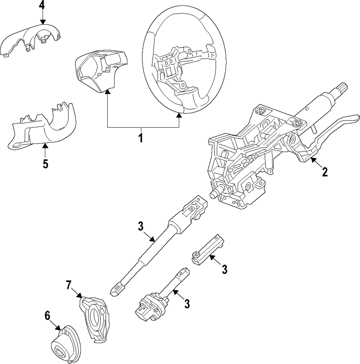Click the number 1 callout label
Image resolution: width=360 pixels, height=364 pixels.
tap(141, 137)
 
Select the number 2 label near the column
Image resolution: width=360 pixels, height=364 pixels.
tap(325, 172)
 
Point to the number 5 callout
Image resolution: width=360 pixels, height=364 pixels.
tap(45, 163)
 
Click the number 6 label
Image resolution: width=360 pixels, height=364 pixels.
tap(48, 315)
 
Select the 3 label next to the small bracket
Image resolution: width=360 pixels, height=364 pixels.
tap(225, 269)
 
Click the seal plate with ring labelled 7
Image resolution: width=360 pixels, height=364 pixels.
tap(94, 317)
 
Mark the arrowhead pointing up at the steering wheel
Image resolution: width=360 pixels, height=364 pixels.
tap(179, 115)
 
